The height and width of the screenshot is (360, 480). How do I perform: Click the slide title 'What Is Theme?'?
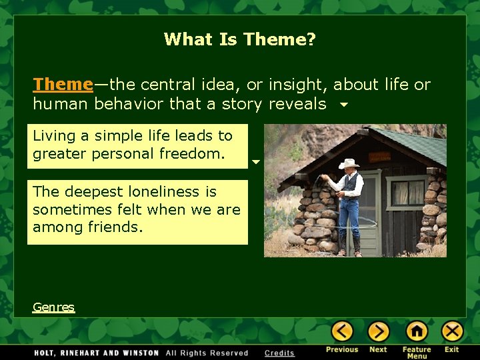[x=239, y=39]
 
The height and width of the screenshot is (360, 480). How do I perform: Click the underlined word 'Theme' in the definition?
[x=63, y=85]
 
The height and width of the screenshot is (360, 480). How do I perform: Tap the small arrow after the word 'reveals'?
[x=343, y=105]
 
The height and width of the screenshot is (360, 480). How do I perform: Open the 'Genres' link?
[x=53, y=307]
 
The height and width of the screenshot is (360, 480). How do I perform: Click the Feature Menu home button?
[x=416, y=331]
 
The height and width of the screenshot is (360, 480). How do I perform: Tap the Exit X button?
[x=452, y=331]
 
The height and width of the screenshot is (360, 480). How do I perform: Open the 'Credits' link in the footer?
[x=279, y=353]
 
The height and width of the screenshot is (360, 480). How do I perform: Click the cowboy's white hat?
[x=348, y=164]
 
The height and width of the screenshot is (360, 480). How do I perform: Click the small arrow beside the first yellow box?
[x=255, y=162]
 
